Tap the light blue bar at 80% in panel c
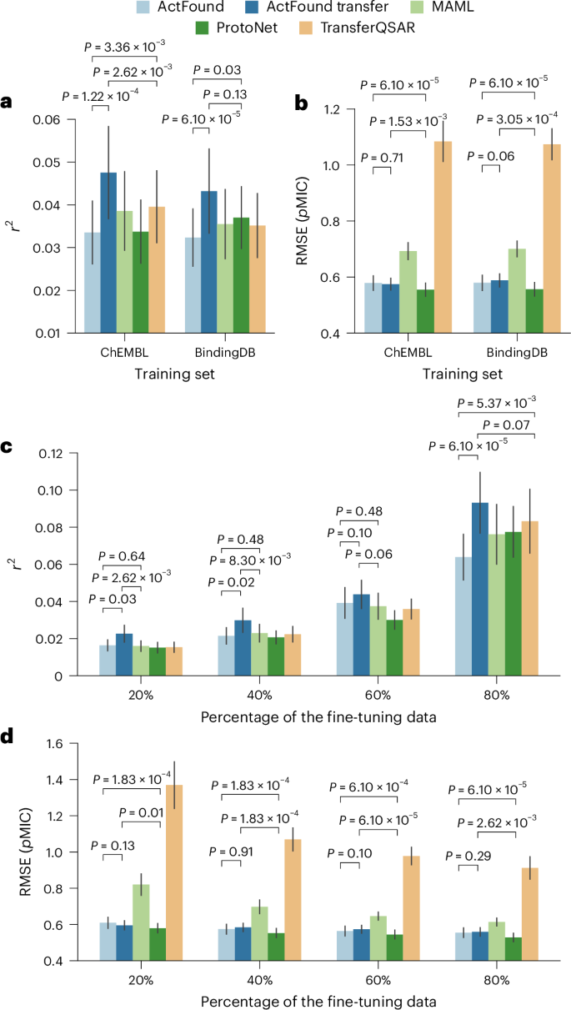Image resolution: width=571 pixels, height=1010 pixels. point(463,616)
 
